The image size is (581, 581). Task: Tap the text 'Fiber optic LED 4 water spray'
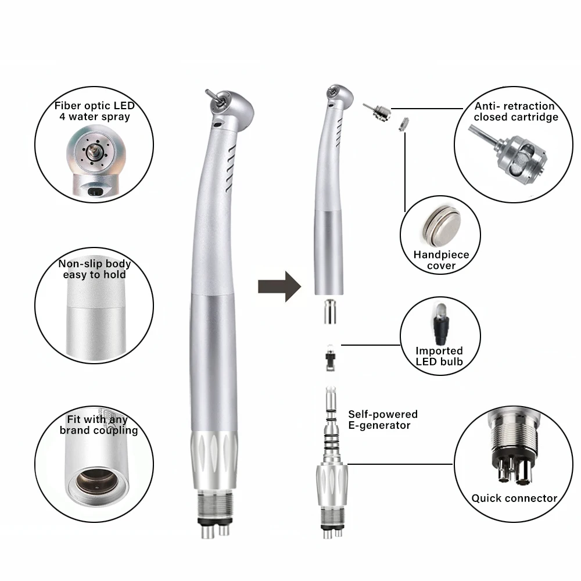pyautogui.click(x=94, y=111)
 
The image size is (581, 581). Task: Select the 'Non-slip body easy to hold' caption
pyautogui.click(x=95, y=269)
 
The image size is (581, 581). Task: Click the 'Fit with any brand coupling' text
pyautogui.click(x=98, y=425)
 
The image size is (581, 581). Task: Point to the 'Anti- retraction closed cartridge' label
pyautogui.click(x=515, y=112)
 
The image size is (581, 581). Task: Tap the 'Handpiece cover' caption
pyautogui.click(x=442, y=260)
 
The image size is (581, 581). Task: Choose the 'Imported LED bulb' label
pyautogui.click(x=439, y=356)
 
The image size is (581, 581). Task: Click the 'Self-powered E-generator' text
pyautogui.click(x=382, y=419)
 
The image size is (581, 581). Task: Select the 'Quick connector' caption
pyautogui.click(x=514, y=498)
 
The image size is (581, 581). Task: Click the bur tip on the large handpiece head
pyautogui.click(x=209, y=94)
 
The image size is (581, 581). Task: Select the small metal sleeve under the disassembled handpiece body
pyautogui.click(x=329, y=312)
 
